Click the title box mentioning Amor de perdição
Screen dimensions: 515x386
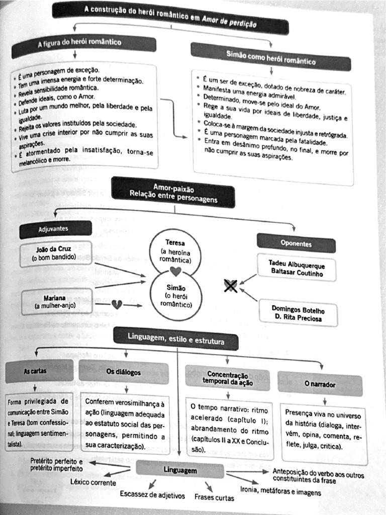point(170,16)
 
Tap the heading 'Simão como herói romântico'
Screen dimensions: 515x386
point(271,57)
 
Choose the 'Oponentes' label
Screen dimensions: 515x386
point(296,243)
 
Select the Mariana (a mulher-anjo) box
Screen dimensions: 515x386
point(57,301)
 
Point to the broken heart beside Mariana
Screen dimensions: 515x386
point(117,305)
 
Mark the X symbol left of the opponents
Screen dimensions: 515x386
point(231,286)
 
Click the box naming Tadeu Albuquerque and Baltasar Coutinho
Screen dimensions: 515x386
point(296,269)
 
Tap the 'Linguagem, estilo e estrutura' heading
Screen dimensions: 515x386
point(175,338)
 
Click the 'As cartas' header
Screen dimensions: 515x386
point(36,371)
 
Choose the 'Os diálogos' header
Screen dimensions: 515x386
point(124,372)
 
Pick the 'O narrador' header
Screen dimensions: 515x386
point(320,384)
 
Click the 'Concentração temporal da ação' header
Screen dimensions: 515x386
point(228,378)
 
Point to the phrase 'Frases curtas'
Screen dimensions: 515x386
point(214,497)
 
